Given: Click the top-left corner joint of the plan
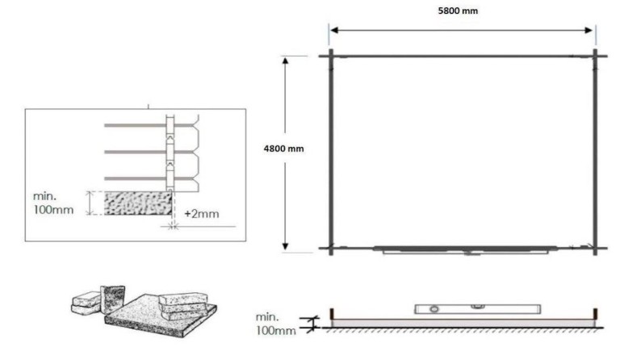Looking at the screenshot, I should [330, 56].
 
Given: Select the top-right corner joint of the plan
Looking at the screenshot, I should [596, 56].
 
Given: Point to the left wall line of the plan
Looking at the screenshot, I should [330, 153].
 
